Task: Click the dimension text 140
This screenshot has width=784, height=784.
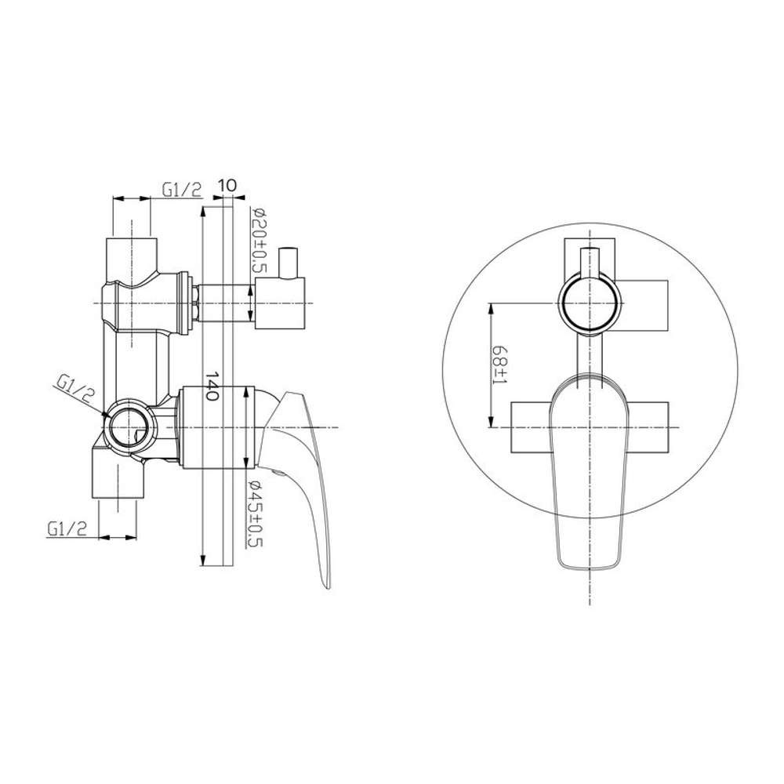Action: [212, 386]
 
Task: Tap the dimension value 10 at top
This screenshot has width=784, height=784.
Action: [227, 186]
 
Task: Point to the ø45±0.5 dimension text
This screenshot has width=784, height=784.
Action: [256, 514]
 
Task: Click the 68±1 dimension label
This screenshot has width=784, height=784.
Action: [499, 365]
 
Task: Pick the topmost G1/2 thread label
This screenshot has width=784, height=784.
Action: [182, 189]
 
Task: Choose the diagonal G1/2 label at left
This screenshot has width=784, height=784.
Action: [75, 388]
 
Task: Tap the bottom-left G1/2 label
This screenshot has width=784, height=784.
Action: [67, 528]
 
